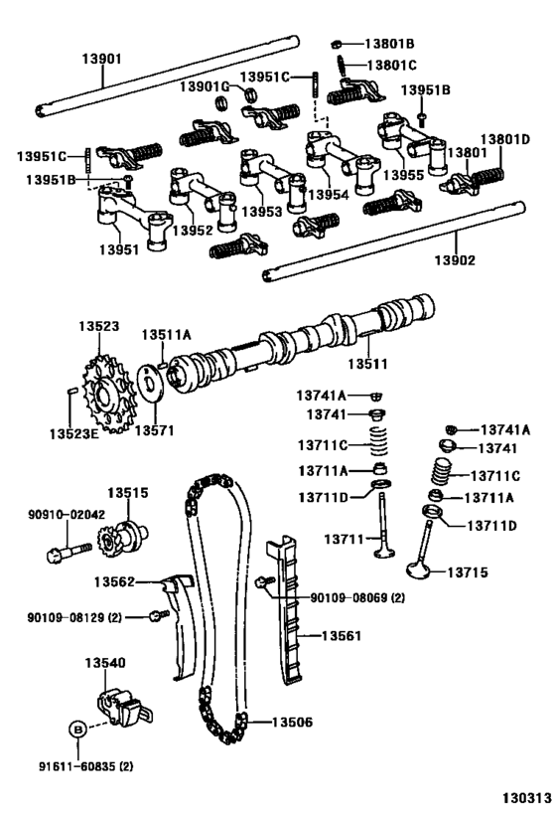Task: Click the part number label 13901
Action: [101, 59]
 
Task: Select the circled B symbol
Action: [77, 729]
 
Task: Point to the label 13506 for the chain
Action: [293, 722]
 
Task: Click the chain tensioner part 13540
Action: [124, 708]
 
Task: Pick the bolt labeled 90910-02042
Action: [69, 553]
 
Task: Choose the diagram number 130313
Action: [526, 797]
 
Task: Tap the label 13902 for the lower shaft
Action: [455, 259]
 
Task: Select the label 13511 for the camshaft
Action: [367, 364]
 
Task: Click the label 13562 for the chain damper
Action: [114, 582]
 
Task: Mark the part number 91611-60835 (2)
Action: [85, 765]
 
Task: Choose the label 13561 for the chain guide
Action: [342, 635]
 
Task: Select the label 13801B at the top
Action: [389, 44]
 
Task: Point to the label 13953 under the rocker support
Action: [262, 212]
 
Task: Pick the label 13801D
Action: [505, 139]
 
